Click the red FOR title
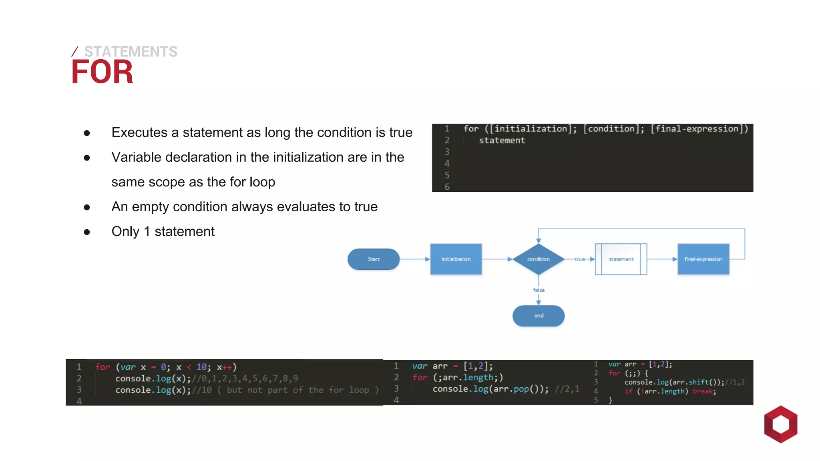tap(102, 72)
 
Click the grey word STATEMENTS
tap(131, 52)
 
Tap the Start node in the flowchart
tap(373, 259)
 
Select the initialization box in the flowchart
tap(456, 259)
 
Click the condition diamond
tap(538, 259)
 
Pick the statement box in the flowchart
tap(621, 259)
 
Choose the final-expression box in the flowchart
tap(703, 259)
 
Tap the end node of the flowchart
tap(539, 316)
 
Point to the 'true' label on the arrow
tap(579, 259)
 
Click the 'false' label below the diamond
tap(539, 290)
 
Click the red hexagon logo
tap(780, 424)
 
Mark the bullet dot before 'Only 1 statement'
tap(87, 232)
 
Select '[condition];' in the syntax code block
tap(613, 129)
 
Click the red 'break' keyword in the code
tap(703, 391)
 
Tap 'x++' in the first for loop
tap(224, 367)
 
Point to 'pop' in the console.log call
tap(521, 389)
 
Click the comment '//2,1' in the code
tap(567, 389)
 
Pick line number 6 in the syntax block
tap(447, 187)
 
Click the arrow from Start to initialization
tap(414, 259)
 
